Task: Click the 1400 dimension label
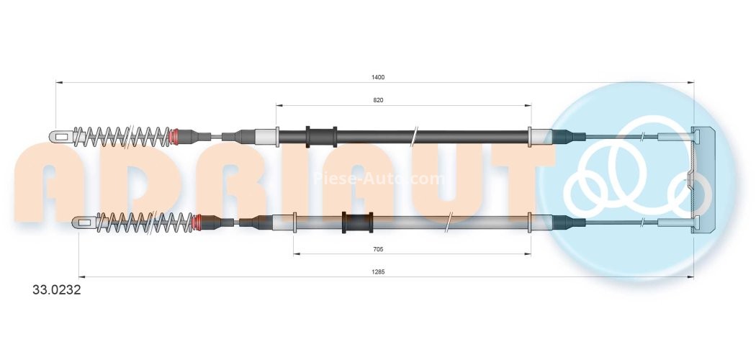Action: point(379,77)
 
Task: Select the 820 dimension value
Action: point(379,101)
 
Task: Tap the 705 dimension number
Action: point(379,249)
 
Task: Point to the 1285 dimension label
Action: point(379,272)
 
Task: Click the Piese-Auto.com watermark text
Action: point(379,179)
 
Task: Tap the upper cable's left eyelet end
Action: point(60,135)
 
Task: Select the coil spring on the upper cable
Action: point(122,135)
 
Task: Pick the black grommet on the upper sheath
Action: point(321,135)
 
